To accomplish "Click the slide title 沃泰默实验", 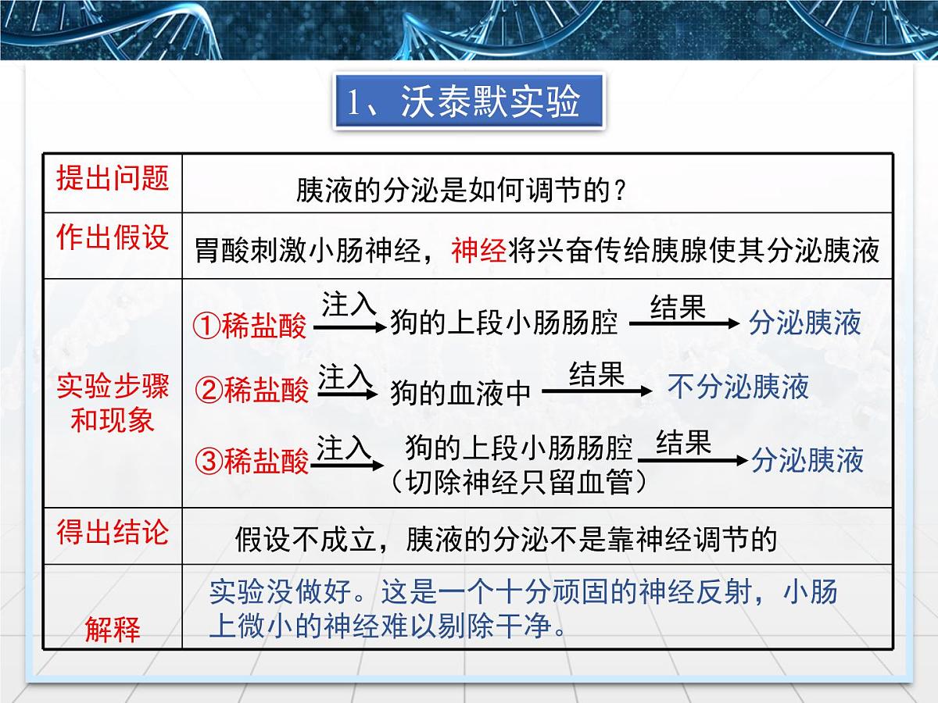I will pos(469,102).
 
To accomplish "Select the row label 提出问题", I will pos(113,178).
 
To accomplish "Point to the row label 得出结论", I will pos(113,533).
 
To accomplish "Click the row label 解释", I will pos(113,629).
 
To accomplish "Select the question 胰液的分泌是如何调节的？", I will pos(461,190).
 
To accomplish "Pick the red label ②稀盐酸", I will pos(252,389).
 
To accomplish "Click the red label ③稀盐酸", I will pos(252,462).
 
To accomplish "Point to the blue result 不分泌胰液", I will pos(738,387).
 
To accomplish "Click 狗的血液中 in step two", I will pos(460,392).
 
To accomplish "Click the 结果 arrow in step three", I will pos(691,459).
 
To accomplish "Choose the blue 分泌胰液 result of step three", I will pos(807,460).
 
